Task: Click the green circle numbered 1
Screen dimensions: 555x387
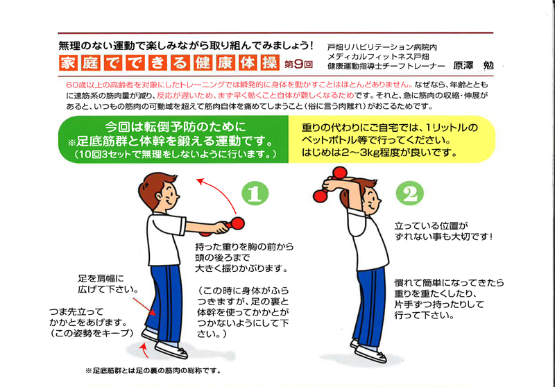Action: (x=255, y=193)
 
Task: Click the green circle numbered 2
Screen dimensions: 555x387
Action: (x=410, y=193)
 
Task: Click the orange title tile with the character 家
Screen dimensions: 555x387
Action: (x=68, y=63)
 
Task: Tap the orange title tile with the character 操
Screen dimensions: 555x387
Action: (x=270, y=63)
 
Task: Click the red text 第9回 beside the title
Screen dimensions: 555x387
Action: (x=298, y=64)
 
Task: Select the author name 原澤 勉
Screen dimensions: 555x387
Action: (x=473, y=65)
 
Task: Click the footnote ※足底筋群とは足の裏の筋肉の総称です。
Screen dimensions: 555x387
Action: (x=153, y=371)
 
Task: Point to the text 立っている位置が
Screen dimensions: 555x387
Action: (x=431, y=225)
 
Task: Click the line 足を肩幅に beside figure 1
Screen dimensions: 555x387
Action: (x=101, y=278)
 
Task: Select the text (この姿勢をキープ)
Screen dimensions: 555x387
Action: (x=92, y=333)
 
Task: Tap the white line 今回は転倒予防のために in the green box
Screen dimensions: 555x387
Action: (x=176, y=127)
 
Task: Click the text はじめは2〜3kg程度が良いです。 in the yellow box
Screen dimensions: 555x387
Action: (x=379, y=153)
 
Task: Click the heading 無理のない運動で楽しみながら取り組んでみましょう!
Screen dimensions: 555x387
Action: (x=186, y=46)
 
